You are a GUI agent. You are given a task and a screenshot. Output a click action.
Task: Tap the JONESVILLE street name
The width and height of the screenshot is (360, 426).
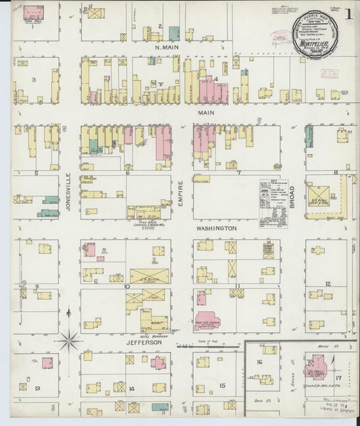click(68, 192)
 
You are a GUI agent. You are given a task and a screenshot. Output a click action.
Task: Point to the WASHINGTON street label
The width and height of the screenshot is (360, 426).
click(216, 229)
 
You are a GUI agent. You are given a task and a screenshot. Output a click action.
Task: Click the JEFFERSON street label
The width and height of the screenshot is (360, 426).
click(143, 342)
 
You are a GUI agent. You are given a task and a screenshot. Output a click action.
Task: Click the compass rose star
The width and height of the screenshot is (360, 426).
click(69, 339)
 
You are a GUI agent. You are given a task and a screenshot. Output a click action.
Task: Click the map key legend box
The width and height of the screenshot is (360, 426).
click(274, 198)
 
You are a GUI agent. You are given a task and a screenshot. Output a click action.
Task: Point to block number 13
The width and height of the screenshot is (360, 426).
click(38, 388)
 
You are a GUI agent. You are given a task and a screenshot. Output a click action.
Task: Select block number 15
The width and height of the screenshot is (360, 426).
click(222, 385)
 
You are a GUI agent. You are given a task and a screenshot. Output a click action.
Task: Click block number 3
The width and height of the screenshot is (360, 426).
click(34, 79)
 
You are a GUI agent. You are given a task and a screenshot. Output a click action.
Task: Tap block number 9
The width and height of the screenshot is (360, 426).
click(37, 286)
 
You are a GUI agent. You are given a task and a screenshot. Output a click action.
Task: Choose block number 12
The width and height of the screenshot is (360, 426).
click(328, 284)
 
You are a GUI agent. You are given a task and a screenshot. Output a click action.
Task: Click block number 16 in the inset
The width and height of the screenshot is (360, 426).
click(259, 363)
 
